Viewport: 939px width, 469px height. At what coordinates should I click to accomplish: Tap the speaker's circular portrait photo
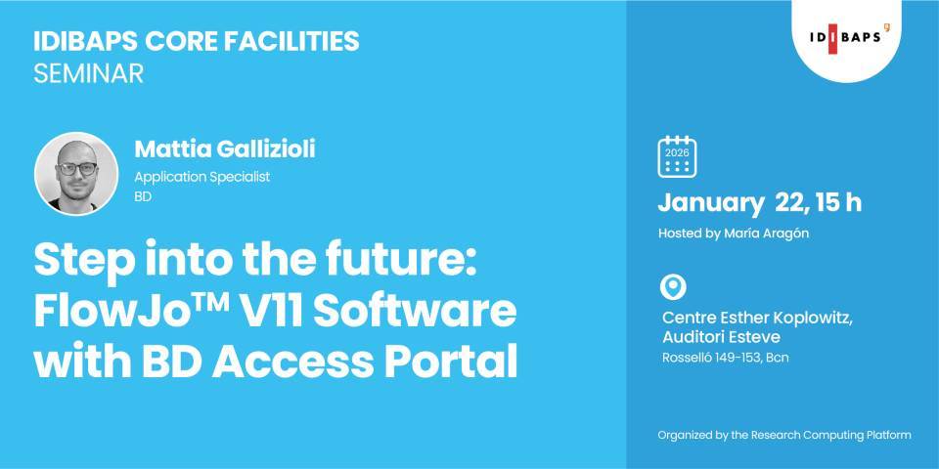coord(76,174)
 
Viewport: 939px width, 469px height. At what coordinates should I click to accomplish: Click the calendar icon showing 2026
coord(676,156)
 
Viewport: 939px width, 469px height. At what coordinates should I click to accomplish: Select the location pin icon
coord(674,287)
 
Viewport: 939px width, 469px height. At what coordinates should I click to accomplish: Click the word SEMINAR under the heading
coord(88,74)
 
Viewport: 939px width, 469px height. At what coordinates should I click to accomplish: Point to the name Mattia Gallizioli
coord(225,149)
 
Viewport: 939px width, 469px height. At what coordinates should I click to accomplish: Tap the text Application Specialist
coord(201,177)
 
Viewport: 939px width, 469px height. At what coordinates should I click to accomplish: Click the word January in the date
coord(710,203)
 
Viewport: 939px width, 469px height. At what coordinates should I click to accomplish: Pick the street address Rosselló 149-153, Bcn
coord(725,358)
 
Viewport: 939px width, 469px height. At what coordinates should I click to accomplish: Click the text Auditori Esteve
coord(721,337)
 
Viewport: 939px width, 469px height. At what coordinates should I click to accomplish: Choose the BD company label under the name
coord(144,196)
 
